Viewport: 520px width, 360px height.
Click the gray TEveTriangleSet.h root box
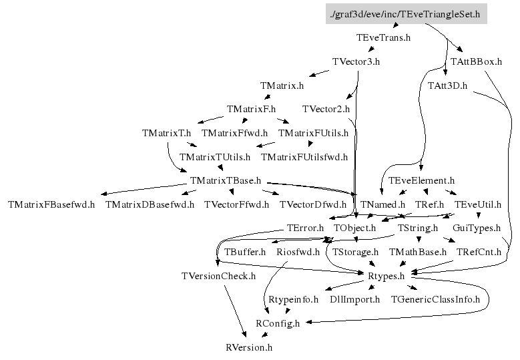406,13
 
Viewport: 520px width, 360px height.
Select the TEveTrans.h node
384,38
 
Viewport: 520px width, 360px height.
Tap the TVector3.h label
356,62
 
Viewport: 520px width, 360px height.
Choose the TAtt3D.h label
447,86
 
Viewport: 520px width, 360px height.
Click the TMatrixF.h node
251,109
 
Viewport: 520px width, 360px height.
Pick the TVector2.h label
326,109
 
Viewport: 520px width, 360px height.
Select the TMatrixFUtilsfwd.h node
304,157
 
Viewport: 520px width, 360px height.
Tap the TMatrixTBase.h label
225,181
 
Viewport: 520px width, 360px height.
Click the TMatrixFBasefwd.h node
51,204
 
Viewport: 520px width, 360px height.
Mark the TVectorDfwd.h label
313,204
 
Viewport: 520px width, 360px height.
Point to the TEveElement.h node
421,181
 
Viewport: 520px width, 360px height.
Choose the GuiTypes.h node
477,228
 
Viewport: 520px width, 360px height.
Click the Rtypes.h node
386,276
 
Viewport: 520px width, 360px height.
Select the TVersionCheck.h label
218,276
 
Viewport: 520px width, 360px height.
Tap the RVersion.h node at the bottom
249,347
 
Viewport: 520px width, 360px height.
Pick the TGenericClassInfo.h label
435,299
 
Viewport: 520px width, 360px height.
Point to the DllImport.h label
354,299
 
